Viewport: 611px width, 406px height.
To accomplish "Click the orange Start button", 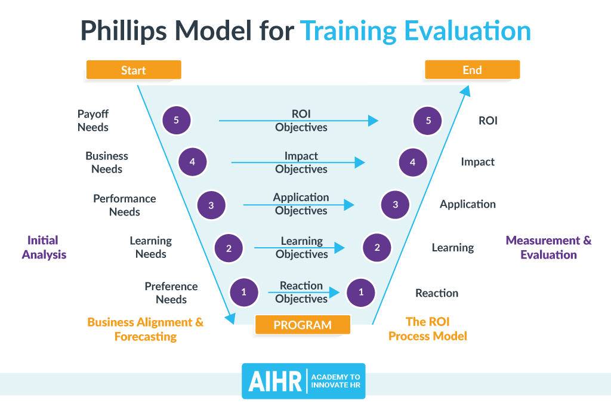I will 133,70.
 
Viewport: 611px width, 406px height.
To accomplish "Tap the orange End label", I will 472,70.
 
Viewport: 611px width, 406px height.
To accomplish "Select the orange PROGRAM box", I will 303,325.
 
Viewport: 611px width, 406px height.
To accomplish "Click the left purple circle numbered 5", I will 176,121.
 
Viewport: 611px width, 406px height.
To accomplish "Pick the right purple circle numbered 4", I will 412,162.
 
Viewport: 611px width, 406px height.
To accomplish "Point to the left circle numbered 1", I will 243,293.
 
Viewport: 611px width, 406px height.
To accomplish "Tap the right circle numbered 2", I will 377,247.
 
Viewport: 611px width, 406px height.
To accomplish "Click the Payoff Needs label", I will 93,120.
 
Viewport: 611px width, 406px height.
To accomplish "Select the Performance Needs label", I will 124,205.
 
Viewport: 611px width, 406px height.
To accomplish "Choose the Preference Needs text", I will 171,293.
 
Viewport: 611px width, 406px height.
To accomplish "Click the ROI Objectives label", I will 301,120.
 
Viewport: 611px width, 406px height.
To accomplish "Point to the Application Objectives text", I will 301,204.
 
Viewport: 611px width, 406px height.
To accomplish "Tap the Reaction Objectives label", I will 301,292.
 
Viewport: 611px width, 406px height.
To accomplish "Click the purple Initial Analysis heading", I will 44,247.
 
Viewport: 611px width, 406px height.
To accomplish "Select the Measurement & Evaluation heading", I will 548,247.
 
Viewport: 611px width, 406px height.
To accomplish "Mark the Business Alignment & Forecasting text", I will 146,329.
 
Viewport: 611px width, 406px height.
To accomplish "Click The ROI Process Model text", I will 427,328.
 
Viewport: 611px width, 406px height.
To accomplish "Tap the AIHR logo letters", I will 273,382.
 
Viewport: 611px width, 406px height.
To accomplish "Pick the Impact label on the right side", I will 477,162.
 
